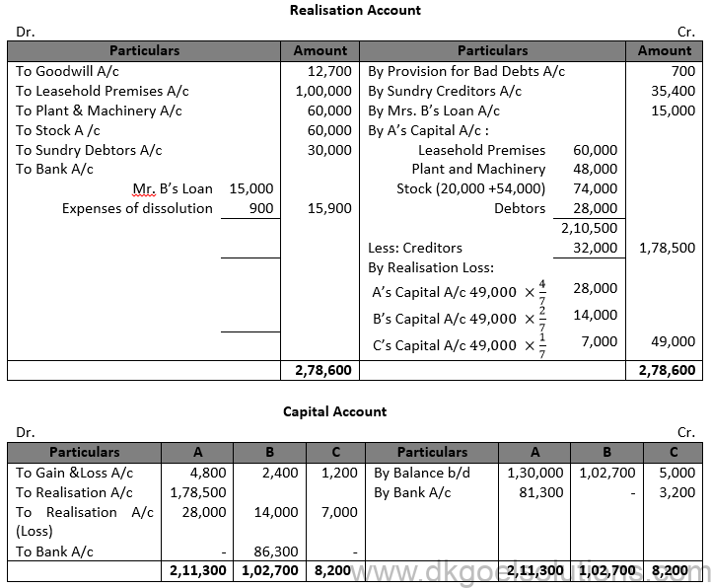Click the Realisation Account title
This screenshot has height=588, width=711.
click(x=355, y=11)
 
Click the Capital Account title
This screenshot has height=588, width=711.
click(x=335, y=411)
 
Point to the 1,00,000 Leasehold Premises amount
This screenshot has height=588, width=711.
click(x=321, y=91)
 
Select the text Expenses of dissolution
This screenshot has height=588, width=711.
click(x=137, y=208)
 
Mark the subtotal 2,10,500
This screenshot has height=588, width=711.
click(x=591, y=228)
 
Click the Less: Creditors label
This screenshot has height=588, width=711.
click(x=415, y=248)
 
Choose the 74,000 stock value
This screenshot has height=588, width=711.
click(x=595, y=188)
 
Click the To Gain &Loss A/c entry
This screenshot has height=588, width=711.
click(x=74, y=473)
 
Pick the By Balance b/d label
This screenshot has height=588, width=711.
click(x=419, y=473)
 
